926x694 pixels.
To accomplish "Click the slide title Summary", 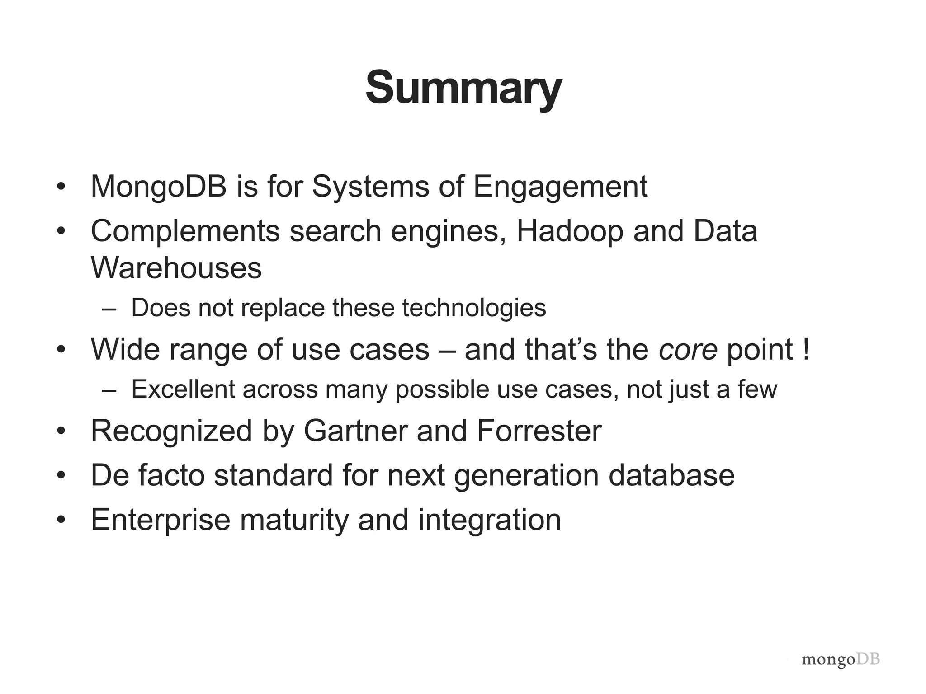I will pyautogui.click(x=463, y=88).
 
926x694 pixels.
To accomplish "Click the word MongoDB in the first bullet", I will pyautogui.click(x=158, y=187).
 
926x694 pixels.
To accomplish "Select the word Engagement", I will pyautogui.click(x=560, y=188).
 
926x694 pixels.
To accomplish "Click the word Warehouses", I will pyautogui.click(x=176, y=268).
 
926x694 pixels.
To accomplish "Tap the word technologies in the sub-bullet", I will pyautogui.click(x=474, y=308).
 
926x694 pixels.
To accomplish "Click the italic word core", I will pyautogui.click(x=688, y=350).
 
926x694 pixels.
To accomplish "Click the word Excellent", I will pyautogui.click(x=183, y=389).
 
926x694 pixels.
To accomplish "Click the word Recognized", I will pyautogui.click(x=171, y=431).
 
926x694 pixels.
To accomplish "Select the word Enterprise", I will pyautogui.click(x=161, y=520).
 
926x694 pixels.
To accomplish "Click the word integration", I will pyautogui.click(x=489, y=520).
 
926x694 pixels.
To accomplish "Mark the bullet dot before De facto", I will pyautogui.click(x=61, y=476).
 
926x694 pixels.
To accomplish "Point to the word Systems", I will pyautogui.click(x=370, y=188).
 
